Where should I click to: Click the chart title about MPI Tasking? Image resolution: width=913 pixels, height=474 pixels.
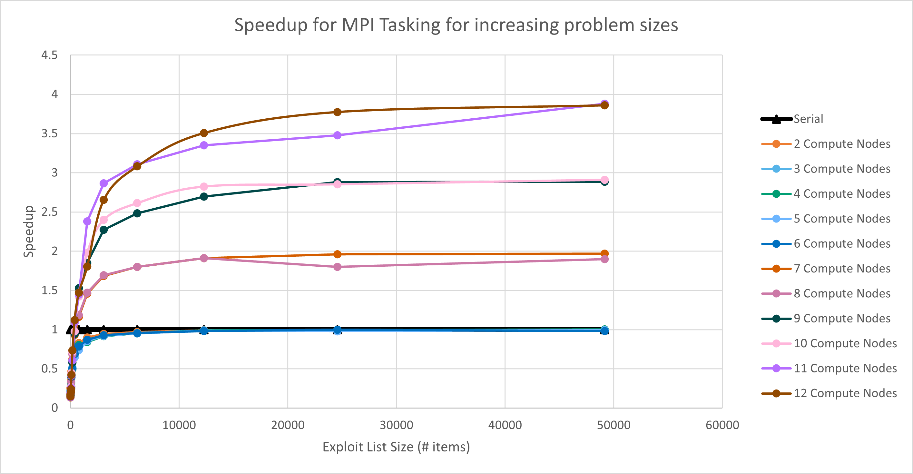click(456, 25)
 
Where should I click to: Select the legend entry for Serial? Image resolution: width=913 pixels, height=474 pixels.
click(808, 119)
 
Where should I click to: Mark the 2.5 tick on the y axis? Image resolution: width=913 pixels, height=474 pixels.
click(49, 212)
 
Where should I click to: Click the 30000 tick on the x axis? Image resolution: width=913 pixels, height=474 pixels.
click(396, 425)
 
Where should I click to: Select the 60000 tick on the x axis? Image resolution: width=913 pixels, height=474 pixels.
click(722, 425)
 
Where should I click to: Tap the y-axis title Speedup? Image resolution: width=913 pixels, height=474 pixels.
click(29, 232)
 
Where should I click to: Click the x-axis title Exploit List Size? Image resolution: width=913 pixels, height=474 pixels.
click(396, 447)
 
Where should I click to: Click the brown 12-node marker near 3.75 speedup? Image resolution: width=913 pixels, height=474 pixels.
click(338, 112)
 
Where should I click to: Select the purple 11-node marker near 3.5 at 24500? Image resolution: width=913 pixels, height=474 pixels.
click(338, 135)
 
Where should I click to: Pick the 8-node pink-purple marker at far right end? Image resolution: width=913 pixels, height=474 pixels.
click(605, 259)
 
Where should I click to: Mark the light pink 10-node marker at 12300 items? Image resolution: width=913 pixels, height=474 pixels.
click(204, 186)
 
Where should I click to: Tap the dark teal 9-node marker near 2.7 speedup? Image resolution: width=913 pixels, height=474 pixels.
click(204, 196)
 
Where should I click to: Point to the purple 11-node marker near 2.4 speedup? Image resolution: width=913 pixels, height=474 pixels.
click(87, 221)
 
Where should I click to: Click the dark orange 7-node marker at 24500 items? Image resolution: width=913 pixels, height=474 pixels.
click(338, 254)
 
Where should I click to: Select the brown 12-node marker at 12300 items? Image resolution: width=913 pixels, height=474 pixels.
click(204, 133)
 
